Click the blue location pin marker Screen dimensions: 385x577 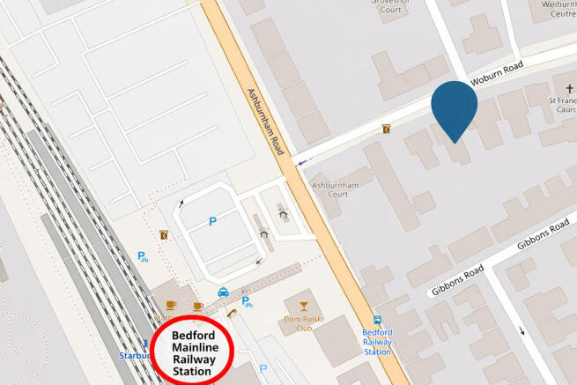(x=454, y=108)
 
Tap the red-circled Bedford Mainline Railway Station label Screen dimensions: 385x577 (x=192, y=353)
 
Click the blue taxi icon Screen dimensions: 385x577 (x=224, y=292)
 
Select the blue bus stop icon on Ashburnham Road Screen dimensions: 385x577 (x=377, y=320)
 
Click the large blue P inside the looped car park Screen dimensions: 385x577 (x=212, y=222)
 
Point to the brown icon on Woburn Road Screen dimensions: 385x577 (x=386, y=130)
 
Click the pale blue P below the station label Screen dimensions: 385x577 (x=262, y=368)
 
